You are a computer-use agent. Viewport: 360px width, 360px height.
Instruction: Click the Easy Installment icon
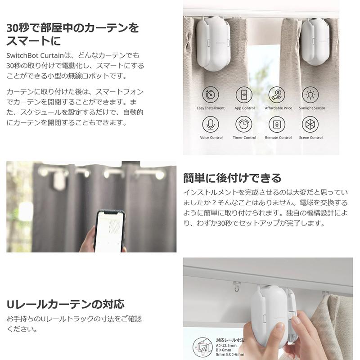click(211, 95)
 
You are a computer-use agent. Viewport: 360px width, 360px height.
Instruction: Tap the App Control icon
click(244, 95)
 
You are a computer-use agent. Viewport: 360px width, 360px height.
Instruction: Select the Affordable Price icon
click(278, 95)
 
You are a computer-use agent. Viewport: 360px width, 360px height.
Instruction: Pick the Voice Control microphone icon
click(211, 124)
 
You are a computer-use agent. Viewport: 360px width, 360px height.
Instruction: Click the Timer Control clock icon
click(244, 124)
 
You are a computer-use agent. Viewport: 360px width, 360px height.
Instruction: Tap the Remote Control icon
click(278, 124)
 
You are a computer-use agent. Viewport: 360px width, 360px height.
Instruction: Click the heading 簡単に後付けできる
click(232, 178)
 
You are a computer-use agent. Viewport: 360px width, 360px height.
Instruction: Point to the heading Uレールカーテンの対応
click(65, 304)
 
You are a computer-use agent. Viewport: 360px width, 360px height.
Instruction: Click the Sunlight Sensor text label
click(311, 108)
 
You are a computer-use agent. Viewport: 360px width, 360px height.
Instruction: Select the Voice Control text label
click(211, 138)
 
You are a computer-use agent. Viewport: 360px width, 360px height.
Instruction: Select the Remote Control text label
click(278, 138)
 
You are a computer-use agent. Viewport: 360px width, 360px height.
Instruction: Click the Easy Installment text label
click(211, 108)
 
